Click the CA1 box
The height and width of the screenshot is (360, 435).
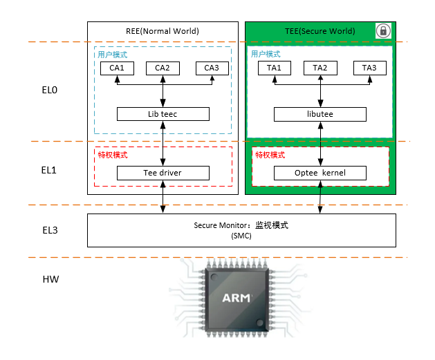click(x=117, y=68)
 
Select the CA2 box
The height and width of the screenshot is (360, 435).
click(x=163, y=68)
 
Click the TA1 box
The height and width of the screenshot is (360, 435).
click(x=274, y=68)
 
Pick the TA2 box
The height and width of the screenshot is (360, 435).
click(x=320, y=68)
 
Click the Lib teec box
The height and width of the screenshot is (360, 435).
click(x=163, y=113)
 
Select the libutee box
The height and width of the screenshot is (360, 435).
click(x=320, y=113)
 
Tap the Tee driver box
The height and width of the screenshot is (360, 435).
click(x=163, y=173)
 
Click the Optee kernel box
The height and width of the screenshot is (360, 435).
click(x=320, y=173)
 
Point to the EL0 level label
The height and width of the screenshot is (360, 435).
click(x=50, y=91)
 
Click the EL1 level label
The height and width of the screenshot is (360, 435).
click(x=50, y=169)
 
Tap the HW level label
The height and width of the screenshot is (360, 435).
click(x=50, y=280)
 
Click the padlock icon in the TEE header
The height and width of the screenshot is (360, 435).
click(x=382, y=30)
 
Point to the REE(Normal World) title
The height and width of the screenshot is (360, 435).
click(x=163, y=31)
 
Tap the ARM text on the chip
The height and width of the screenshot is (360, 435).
click(x=237, y=299)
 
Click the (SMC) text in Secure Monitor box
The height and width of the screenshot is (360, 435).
click(x=241, y=236)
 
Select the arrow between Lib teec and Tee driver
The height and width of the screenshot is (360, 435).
click(x=163, y=143)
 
